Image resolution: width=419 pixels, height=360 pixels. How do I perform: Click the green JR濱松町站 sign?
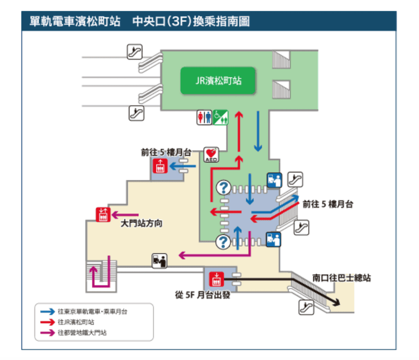click(218, 81)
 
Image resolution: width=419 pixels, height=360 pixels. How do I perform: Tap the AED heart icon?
click(211, 154)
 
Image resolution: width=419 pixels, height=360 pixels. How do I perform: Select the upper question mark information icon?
click(224, 187)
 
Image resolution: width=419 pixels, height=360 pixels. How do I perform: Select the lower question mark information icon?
click(224, 241)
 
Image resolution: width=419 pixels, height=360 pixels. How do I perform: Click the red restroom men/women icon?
click(204, 117)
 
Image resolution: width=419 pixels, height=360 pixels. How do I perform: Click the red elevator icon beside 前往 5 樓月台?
click(159, 167)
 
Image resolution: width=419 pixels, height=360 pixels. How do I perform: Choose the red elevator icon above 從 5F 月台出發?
click(216, 278)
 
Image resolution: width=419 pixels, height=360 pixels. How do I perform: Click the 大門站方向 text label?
click(141, 224)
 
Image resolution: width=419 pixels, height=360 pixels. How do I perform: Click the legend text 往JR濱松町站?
click(76, 322)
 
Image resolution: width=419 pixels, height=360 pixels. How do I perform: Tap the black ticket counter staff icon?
click(160, 259)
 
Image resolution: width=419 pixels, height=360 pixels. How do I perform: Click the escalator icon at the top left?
click(135, 51)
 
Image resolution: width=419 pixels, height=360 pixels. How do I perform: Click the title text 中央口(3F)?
click(164, 21)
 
